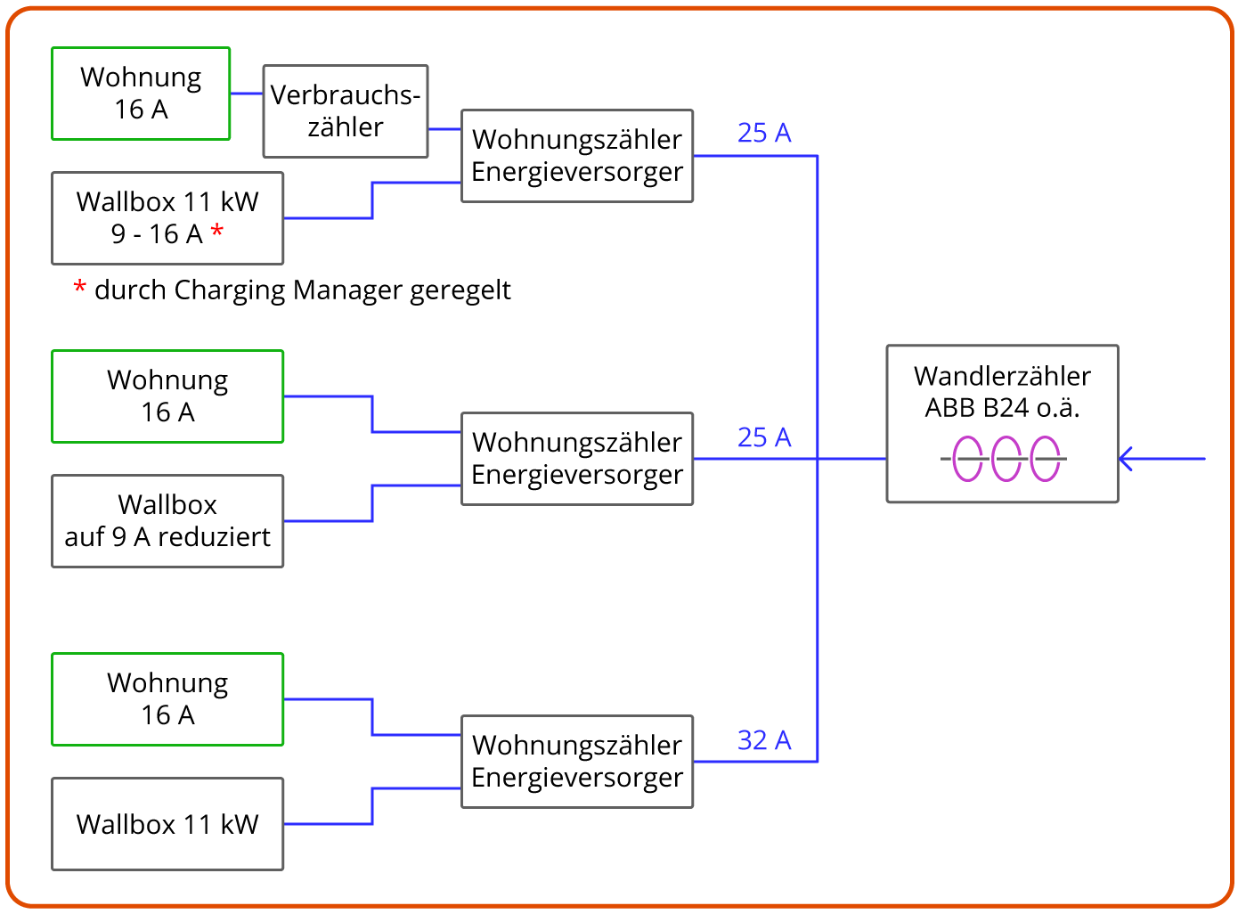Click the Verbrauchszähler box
pos(346,111)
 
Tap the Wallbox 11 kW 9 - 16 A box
pos(167,218)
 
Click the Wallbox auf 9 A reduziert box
pos(167,521)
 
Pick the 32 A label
pos(764,740)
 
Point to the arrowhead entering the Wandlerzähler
pos(1125,459)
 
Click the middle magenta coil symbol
pos(1006,459)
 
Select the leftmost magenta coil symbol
pos(967,459)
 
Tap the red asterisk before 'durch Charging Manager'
pos(80,289)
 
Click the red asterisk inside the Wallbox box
pos(217,233)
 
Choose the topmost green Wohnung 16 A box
pos(141,94)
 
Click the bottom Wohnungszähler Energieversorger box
pos(577,762)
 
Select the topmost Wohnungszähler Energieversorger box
pos(577,156)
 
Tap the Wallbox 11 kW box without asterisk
pos(167,824)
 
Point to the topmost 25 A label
pos(764,133)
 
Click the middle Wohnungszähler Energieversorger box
pos(577,459)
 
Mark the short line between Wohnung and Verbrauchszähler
pos(247,94)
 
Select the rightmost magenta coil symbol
pos(1046,459)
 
